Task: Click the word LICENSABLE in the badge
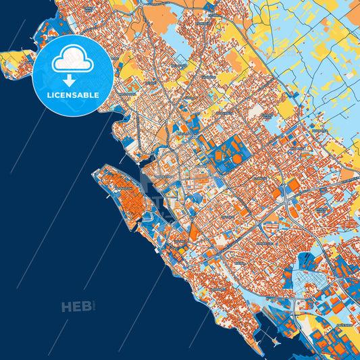pos(73,95)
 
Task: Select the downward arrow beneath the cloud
pos(72,79)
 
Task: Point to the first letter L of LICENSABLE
pos(49,95)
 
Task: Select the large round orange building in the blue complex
pos(235,159)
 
